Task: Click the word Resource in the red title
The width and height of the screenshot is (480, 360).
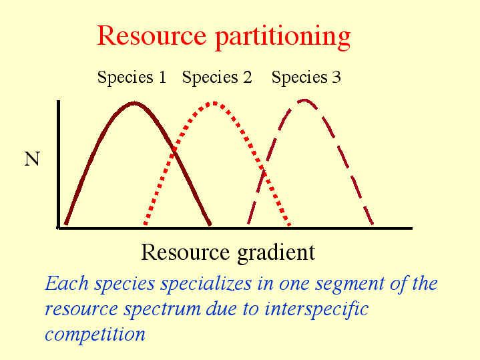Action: pos(152,35)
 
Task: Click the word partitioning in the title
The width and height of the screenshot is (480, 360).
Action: pos(283,37)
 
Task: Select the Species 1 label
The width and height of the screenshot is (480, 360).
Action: pos(132,77)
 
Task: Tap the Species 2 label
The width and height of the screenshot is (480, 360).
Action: pos(217,77)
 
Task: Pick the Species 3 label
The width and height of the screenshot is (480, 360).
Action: pos(306,77)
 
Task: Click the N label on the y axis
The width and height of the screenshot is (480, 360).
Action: pos(32,159)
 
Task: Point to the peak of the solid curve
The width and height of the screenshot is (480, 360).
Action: pos(134,104)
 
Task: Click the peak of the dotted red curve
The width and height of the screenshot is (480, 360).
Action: pos(214,104)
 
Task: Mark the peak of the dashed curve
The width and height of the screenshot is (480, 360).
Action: pos(304,100)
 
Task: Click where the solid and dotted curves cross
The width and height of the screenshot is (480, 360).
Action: pos(174,151)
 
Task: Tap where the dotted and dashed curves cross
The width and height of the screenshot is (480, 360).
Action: pos(262,170)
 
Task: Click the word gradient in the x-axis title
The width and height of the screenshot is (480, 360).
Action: pos(276,253)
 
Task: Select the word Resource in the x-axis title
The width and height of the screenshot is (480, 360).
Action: pos(185,252)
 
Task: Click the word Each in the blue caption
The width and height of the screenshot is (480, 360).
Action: pos(67,283)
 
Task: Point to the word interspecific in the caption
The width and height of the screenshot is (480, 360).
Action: pos(316,309)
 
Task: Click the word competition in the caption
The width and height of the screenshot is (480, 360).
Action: pos(95,334)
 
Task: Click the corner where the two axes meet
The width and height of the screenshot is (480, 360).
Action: pos(59,228)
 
